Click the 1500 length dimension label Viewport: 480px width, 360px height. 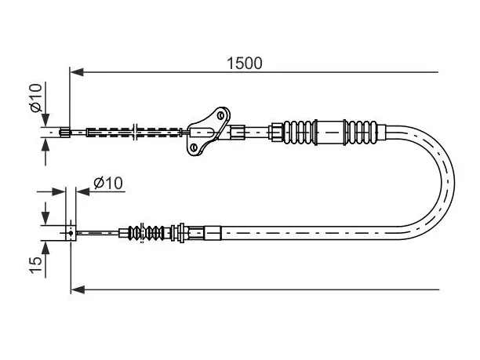click(x=244, y=64)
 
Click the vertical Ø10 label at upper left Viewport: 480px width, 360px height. click(x=35, y=98)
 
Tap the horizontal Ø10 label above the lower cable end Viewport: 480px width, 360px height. click(x=108, y=183)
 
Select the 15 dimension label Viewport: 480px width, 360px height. click(x=35, y=264)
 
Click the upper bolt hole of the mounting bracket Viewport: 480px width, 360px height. click(x=220, y=115)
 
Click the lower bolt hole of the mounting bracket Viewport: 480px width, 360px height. click(x=194, y=147)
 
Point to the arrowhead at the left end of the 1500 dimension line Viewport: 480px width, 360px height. click(x=77, y=72)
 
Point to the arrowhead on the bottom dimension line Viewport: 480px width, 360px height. click(x=78, y=289)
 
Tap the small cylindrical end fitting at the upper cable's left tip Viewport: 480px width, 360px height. click(x=64, y=133)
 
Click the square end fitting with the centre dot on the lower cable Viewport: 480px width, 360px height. click(x=71, y=233)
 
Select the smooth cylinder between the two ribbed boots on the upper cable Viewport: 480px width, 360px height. click(x=330, y=133)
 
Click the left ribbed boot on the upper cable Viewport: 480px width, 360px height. click(x=299, y=133)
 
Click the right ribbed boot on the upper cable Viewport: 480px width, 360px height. click(x=362, y=133)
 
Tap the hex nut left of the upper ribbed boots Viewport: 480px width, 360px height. click(x=276, y=133)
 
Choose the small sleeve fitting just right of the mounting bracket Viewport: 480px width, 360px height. click(x=237, y=133)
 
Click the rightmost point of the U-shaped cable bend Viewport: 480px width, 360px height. click(x=455, y=184)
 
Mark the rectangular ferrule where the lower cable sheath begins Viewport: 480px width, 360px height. click(x=213, y=233)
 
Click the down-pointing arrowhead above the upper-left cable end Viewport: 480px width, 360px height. click(x=45, y=120)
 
